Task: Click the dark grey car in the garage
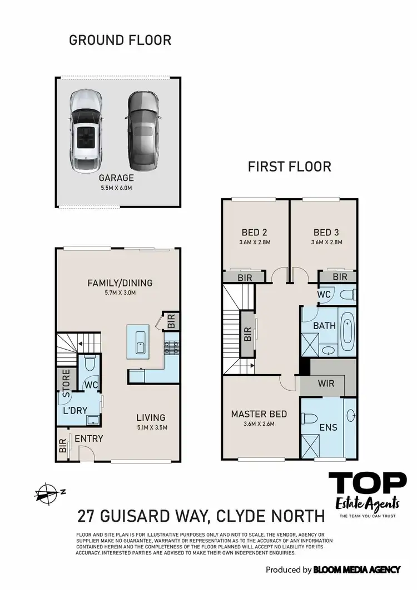pos(142,132)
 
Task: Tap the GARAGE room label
pos(116,178)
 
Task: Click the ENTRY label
pos(88,438)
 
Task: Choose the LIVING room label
pos(151,418)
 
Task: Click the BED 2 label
pos(255,232)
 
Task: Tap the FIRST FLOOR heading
pos(290,166)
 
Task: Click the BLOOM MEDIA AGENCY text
pos(356,569)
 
